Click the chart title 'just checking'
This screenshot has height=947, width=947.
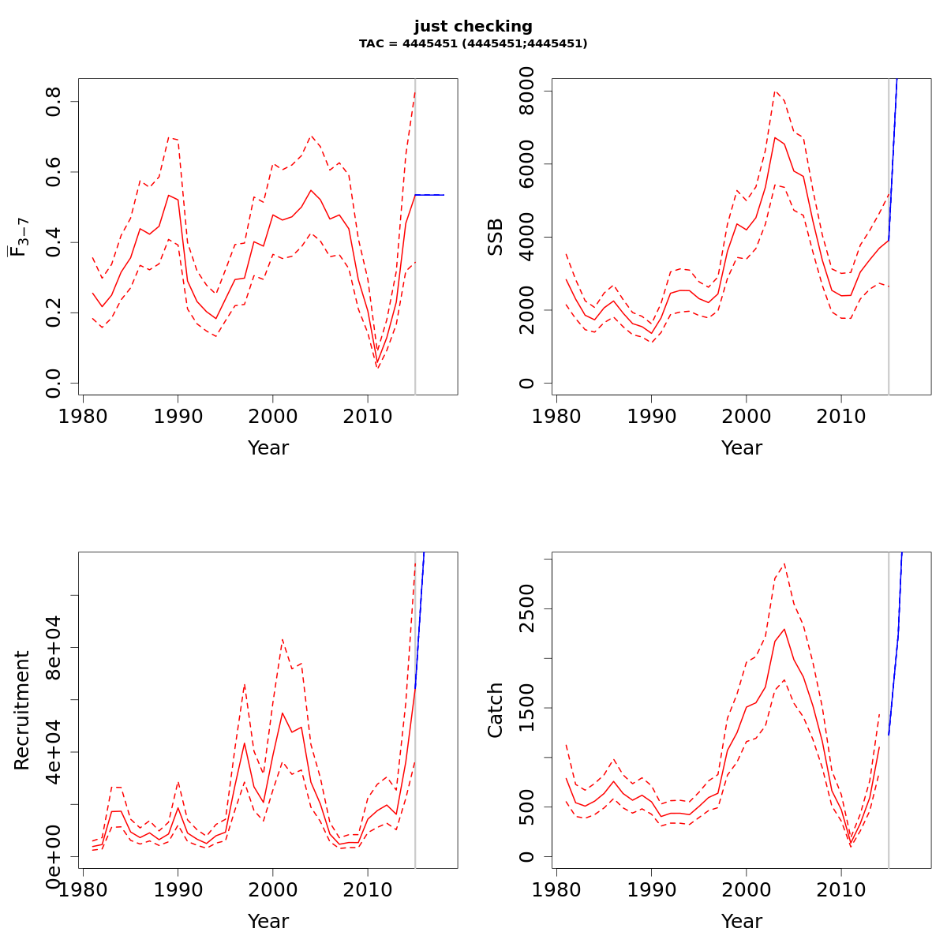[473, 27]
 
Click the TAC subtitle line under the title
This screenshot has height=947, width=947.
[473, 44]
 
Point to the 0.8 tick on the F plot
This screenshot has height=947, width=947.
[54, 102]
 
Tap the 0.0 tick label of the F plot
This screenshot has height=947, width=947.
[54, 383]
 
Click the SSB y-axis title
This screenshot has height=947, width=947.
[495, 237]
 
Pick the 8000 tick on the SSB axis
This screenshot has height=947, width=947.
[527, 92]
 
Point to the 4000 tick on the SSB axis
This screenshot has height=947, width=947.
[527, 238]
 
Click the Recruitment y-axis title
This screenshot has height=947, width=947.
[21, 710]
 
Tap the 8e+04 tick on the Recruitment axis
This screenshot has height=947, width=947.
[54, 648]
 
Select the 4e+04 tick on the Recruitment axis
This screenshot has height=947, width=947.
[54, 752]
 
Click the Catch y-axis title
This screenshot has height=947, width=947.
[495, 710]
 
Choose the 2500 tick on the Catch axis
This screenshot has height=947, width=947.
[527, 609]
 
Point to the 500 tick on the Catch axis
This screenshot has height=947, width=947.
[527, 807]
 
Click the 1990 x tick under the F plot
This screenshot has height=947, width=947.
[178, 416]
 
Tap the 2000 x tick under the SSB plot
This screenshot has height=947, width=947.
[746, 416]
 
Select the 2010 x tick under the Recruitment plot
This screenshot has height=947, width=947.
[368, 889]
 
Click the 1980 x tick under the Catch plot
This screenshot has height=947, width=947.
[556, 889]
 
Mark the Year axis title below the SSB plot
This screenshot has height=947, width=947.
[741, 448]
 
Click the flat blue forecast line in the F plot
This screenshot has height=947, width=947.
[430, 195]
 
